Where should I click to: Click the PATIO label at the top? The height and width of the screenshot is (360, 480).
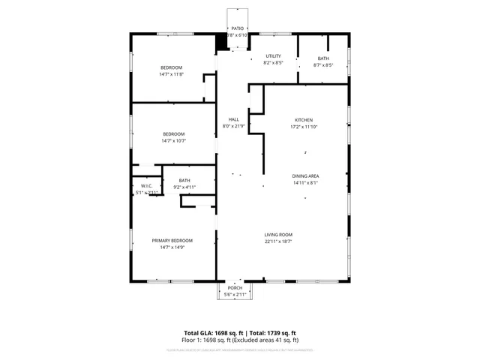coord(237,27)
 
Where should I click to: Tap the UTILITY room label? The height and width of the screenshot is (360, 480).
coord(273,56)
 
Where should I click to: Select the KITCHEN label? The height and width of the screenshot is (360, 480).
coord(303,120)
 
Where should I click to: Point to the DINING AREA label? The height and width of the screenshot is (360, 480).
coord(305,175)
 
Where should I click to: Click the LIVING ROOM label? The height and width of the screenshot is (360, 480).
coord(278,235)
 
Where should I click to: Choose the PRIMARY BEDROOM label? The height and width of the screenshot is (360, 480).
coord(172,240)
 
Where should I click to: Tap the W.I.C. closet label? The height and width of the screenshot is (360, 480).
coord(146,186)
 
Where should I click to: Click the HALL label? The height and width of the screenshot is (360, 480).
coord(233,120)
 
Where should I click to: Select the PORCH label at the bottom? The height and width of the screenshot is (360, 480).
coord(235,288)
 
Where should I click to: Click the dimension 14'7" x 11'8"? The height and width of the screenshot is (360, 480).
coord(172,74)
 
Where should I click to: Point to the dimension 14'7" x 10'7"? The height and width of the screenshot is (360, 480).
coord(173,140)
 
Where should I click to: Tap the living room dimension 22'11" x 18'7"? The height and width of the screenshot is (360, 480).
coord(278,241)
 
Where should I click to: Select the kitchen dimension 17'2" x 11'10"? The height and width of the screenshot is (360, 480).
coord(303,127)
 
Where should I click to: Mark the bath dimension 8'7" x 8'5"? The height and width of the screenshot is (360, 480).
coord(323,64)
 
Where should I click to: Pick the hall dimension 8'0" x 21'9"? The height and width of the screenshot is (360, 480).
coord(233,126)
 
